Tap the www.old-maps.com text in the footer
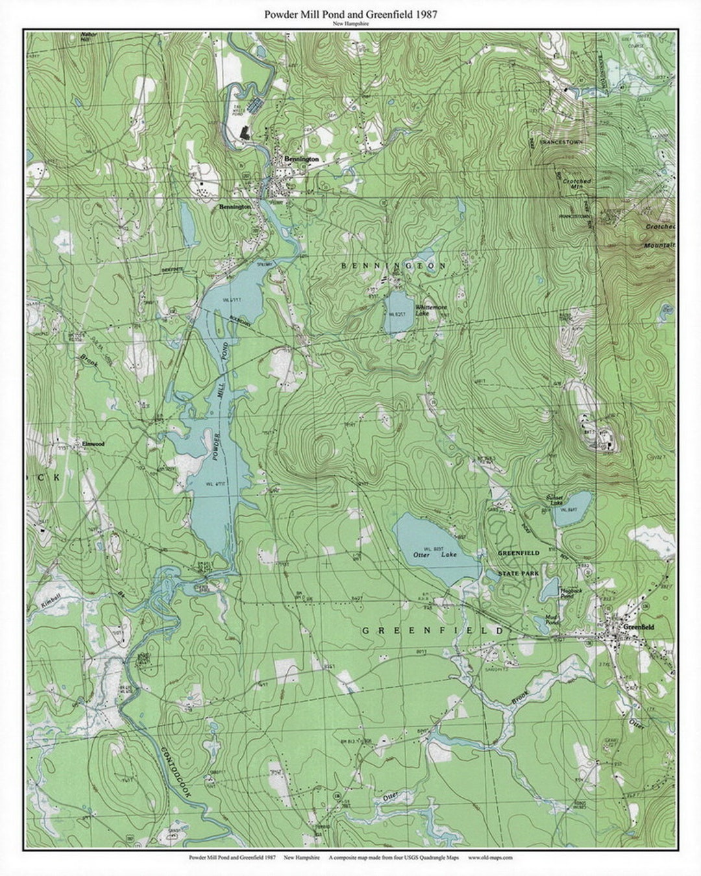(490, 857)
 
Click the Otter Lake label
(436, 555)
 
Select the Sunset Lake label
(554, 500)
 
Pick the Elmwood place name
(93, 444)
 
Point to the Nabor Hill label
(85, 37)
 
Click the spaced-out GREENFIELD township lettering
(432, 631)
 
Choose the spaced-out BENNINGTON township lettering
(394, 266)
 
